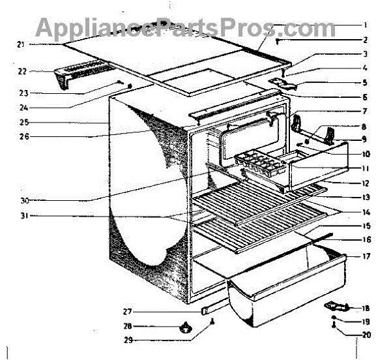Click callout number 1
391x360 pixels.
tap(366, 25)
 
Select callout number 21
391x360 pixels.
tap(21, 44)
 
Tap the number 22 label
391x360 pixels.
tap(22, 71)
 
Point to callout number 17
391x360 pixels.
tap(366, 256)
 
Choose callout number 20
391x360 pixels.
tap(366, 336)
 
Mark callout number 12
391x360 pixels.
tap(366, 185)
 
